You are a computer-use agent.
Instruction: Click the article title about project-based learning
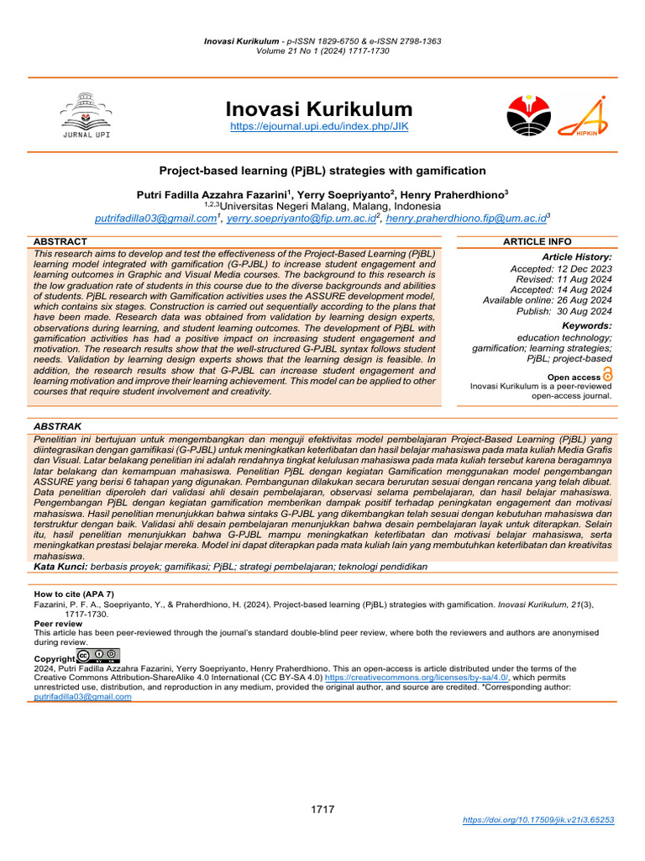322,170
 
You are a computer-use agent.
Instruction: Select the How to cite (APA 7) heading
74,594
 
